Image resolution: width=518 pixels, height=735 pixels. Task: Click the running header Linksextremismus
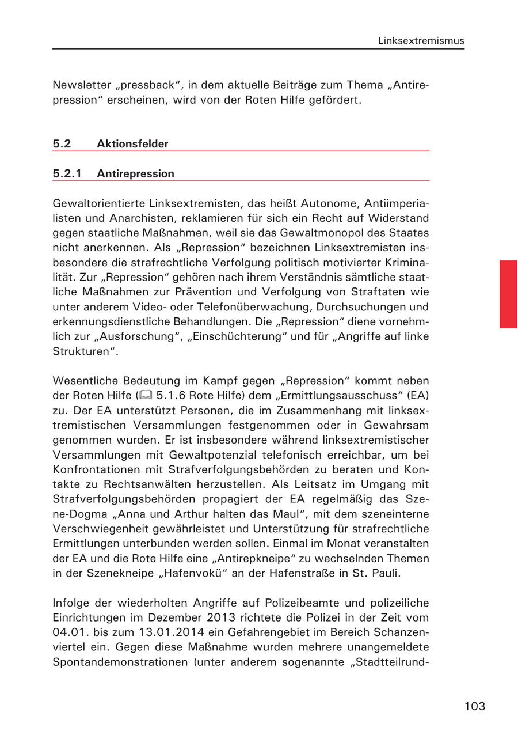[421, 41]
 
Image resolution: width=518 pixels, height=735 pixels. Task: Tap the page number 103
[475, 706]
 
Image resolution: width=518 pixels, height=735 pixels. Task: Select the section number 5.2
[62, 143]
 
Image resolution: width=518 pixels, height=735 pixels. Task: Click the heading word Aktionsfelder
[132, 143]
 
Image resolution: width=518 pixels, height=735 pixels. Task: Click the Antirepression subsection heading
[135, 173]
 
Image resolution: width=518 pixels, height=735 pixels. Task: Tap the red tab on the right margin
[508, 294]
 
